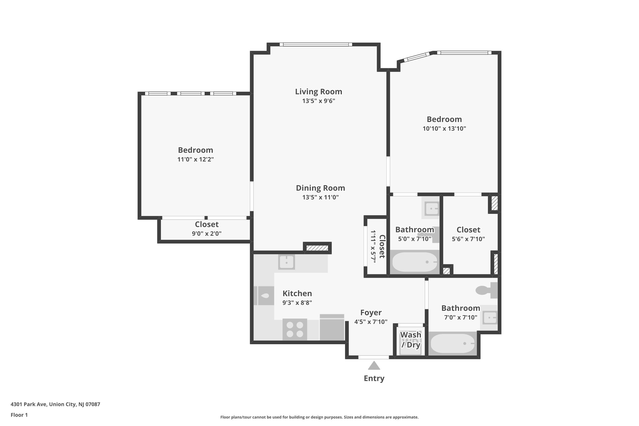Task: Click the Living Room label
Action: coord(318,92)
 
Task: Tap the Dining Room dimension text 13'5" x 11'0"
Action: coord(320,197)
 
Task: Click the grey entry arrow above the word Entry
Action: coord(374,366)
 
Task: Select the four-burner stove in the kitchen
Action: coord(295,329)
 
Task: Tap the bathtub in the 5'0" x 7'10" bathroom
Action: coord(414,262)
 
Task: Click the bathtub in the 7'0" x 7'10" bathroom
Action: coord(453,343)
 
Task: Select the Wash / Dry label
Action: coord(410,340)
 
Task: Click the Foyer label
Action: coord(371,313)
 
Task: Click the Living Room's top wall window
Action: coord(316,45)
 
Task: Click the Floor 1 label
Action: coord(19,415)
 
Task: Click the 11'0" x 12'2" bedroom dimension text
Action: coord(195,160)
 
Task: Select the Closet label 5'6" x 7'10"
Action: coord(468,230)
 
